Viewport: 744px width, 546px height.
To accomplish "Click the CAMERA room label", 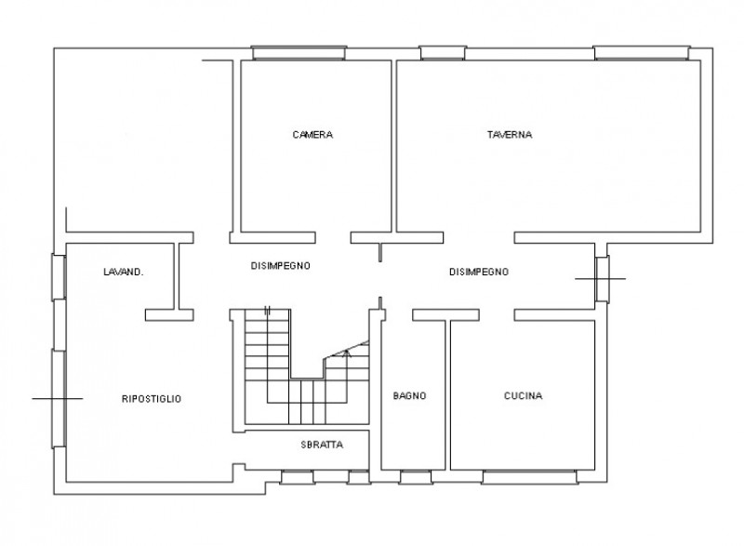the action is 312,135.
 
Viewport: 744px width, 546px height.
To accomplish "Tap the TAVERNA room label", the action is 510,135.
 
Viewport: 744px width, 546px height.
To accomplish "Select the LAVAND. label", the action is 124,272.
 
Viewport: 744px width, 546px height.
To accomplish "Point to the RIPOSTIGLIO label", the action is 152,399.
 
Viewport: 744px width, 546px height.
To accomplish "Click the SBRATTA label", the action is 322,445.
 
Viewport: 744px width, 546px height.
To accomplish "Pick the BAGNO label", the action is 409,395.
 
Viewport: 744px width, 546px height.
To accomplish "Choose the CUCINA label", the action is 523,395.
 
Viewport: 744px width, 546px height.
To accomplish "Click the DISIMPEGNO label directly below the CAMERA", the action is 281,266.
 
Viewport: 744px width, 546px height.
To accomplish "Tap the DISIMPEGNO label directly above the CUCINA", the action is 479,272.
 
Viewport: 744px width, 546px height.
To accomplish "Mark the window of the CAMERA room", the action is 299,53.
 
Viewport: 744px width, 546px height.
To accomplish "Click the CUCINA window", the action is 529,477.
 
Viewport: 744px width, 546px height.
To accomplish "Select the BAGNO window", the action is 416,477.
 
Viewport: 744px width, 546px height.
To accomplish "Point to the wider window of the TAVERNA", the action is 642,53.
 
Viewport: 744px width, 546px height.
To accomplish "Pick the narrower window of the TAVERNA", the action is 443,53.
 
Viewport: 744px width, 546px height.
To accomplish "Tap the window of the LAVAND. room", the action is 59,277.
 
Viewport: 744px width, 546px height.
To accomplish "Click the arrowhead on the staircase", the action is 347,353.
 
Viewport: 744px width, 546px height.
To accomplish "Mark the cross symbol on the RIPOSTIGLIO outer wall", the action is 58,398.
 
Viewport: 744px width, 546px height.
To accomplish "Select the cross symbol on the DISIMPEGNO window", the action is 600,278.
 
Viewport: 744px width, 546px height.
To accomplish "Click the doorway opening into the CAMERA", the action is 333,238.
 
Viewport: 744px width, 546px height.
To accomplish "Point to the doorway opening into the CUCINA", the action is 497,315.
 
